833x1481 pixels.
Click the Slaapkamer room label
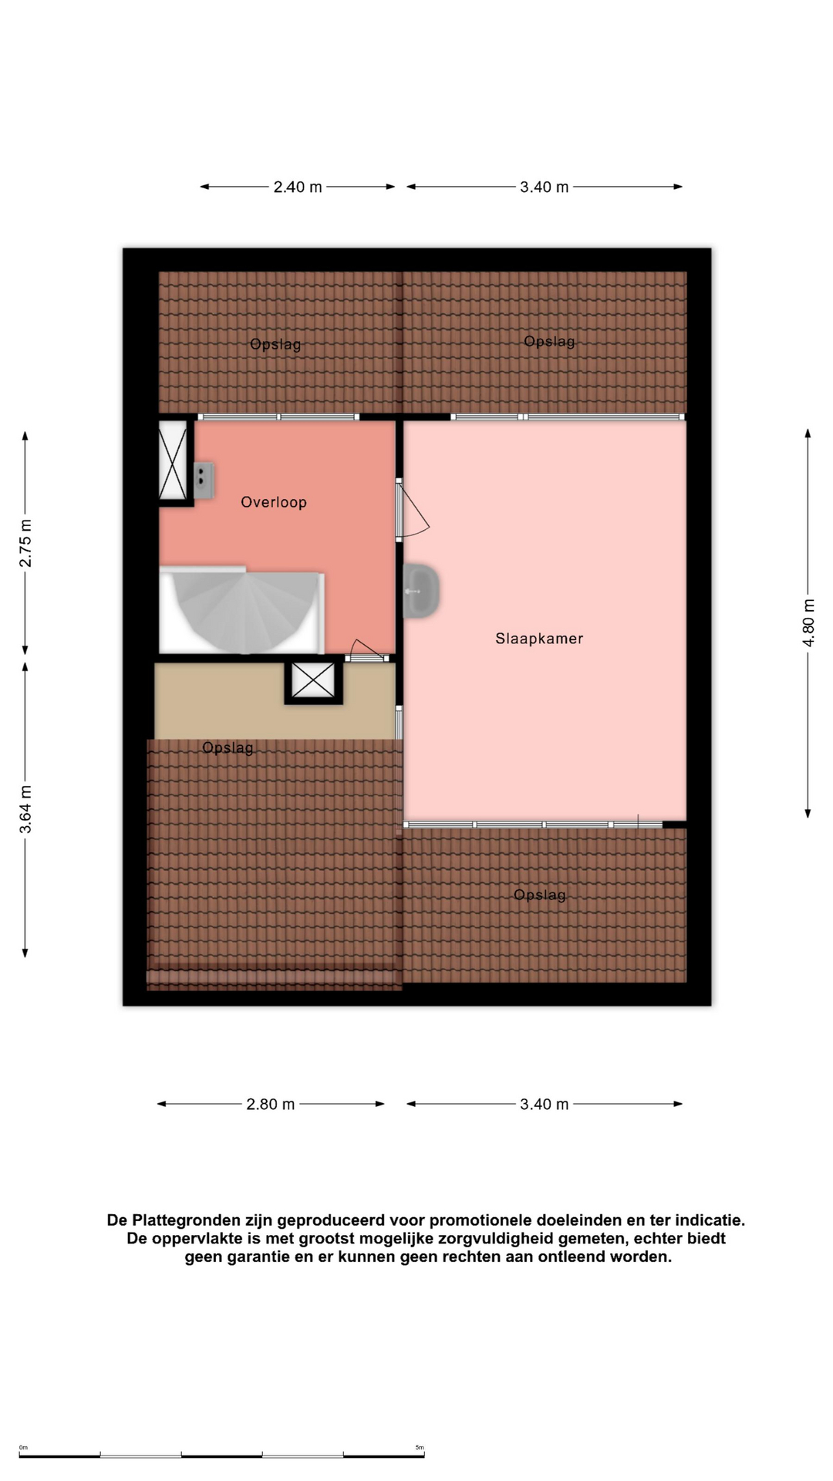pos(539,639)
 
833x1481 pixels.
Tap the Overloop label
pos(274,502)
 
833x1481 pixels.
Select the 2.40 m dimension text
pos(298,187)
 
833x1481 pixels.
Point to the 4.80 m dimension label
pos(808,622)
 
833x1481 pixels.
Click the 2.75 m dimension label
pos(25,543)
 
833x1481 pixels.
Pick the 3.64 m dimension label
pos(25,809)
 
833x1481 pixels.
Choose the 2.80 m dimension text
pos(271,1105)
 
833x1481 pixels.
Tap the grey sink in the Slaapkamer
pos(421,591)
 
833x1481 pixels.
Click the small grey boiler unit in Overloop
pos(203,480)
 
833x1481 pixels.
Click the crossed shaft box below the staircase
pos(313,680)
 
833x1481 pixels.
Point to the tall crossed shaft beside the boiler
pos(173,460)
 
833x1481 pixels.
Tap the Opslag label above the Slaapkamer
pos(549,341)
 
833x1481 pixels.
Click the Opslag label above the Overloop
pos(275,344)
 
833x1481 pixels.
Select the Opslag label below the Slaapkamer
pos(540,895)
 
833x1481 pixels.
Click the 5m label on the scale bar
pos(420,1448)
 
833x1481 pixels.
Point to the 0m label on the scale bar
pos(23,1448)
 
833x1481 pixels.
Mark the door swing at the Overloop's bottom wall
pos(367,650)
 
